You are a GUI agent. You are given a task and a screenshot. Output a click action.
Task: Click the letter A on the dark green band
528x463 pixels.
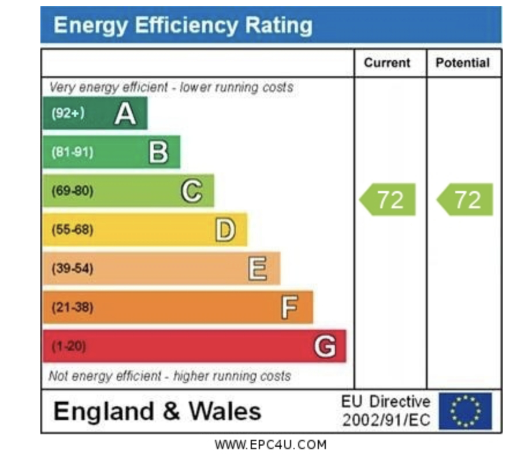point(125,113)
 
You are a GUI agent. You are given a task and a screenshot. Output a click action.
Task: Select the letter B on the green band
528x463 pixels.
point(158,152)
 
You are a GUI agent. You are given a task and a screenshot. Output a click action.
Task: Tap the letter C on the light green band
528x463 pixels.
point(192,191)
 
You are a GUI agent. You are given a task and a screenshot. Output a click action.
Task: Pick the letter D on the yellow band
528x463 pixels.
point(225,230)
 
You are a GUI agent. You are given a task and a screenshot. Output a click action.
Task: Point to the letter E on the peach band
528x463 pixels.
point(258,269)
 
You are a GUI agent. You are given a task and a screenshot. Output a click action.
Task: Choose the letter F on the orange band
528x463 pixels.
point(290,307)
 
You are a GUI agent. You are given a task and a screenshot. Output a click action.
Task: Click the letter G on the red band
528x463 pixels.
point(325,346)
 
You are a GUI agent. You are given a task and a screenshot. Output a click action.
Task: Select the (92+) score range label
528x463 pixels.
point(68,113)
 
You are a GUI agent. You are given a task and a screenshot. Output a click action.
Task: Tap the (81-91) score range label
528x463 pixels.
point(72,152)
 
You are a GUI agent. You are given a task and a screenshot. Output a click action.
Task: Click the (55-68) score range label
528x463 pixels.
point(72,230)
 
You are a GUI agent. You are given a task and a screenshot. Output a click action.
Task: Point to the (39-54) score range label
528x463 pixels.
point(72,269)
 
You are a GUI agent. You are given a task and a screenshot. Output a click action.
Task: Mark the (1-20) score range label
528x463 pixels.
point(69,346)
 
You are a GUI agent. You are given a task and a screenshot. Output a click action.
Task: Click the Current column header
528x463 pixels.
point(387,63)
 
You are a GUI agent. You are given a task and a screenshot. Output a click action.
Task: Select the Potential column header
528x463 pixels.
point(462,63)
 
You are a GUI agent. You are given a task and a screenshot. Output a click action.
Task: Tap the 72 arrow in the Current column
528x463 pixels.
point(388,200)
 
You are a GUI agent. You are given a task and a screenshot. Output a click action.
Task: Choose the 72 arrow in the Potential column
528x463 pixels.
point(466,200)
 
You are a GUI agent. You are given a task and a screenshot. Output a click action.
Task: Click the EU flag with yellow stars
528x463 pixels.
point(465,411)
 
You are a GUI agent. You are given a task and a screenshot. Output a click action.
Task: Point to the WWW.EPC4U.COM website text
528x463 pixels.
point(270,445)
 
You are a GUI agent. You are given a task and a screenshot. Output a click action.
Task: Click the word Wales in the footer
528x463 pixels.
point(225,411)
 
